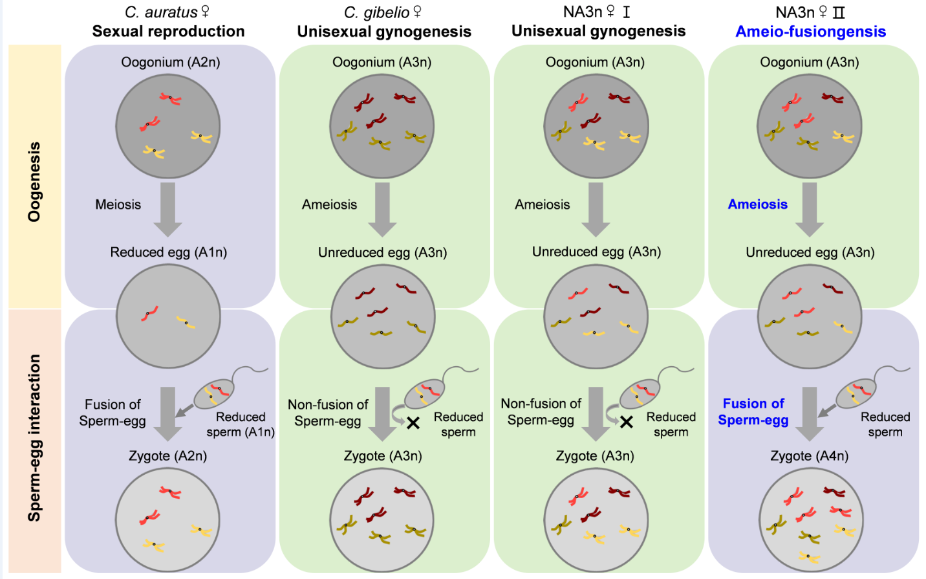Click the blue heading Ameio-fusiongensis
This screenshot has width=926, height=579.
[810, 32]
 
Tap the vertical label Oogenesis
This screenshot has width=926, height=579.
[34, 182]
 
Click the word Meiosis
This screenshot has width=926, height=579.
[118, 204]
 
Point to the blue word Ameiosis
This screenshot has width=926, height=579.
[757, 204]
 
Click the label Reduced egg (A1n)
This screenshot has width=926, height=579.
[168, 252]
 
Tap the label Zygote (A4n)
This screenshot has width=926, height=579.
[809, 456]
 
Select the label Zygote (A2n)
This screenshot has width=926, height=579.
[167, 456]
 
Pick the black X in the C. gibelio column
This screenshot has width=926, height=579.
[413, 423]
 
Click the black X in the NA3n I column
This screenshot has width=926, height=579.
[626, 422]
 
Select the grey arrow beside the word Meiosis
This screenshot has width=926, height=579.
[167, 209]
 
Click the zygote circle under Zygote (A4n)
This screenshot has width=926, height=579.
[810, 521]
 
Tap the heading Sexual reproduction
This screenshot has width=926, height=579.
[168, 32]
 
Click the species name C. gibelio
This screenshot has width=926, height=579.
[377, 12]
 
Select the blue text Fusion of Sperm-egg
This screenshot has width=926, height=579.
[753, 412]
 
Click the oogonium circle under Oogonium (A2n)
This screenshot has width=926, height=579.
[168, 126]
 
